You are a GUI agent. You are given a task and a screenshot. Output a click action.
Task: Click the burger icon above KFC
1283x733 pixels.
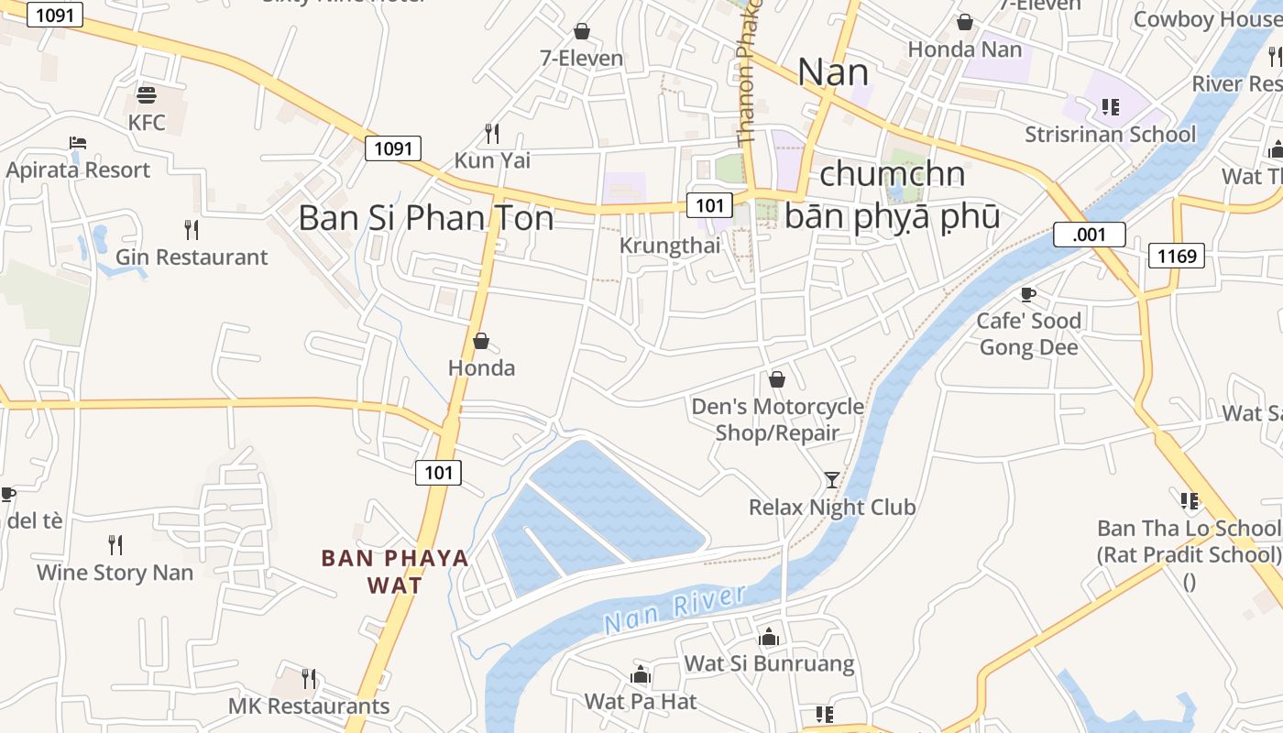(x=147, y=94)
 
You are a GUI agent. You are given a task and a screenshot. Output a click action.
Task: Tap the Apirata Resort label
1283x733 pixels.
(x=78, y=170)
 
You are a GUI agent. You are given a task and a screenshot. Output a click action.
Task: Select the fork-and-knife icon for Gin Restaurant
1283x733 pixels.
(x=192, y=229)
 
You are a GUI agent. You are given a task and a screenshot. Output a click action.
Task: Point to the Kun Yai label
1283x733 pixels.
(x=492, y=160)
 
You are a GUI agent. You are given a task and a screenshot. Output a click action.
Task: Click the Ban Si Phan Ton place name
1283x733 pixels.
(x=426, y=218)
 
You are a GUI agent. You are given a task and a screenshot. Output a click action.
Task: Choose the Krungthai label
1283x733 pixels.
(x=670, y=246)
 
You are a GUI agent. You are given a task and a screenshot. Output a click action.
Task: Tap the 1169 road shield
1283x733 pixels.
(x=1177, y=256)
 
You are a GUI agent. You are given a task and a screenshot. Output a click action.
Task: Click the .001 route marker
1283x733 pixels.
(x=1089, y=235)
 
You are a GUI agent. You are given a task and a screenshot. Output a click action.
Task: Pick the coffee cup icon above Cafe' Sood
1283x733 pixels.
(x=1028, y=294)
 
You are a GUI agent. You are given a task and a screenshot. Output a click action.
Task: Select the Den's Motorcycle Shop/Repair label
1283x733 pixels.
(x=777, y=420)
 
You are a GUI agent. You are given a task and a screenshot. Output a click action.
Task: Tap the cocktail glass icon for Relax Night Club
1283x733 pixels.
(x=831, y=479)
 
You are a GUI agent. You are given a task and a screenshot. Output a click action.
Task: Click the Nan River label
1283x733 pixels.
(x=675, y=608)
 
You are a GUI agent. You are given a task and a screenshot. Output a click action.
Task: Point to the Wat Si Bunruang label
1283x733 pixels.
(x=769, y=663)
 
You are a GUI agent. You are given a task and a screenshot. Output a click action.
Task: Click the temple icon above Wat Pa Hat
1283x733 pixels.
(x=641, y=676)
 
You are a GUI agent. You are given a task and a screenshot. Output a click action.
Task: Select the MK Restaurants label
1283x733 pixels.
(x=309, y=706)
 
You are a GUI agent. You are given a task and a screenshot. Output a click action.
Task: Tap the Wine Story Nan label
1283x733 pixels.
(x=115, y=573)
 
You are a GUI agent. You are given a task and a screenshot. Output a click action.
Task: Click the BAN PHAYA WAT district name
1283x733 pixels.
(x=395, y=571)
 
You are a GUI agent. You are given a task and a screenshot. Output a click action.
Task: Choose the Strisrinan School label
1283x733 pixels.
(x=1110, y=135)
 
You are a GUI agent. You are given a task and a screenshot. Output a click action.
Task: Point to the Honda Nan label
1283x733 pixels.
(x=964, y=49)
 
